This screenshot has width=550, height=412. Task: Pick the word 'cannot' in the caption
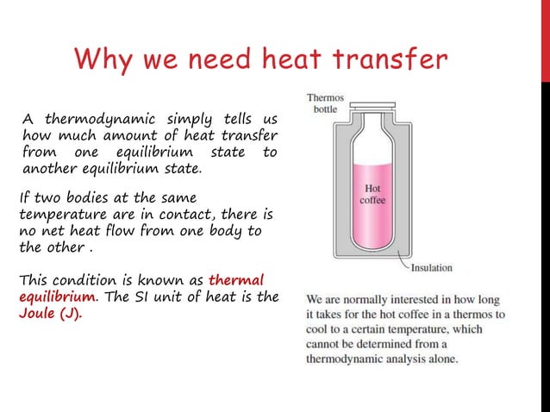(326, 344)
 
